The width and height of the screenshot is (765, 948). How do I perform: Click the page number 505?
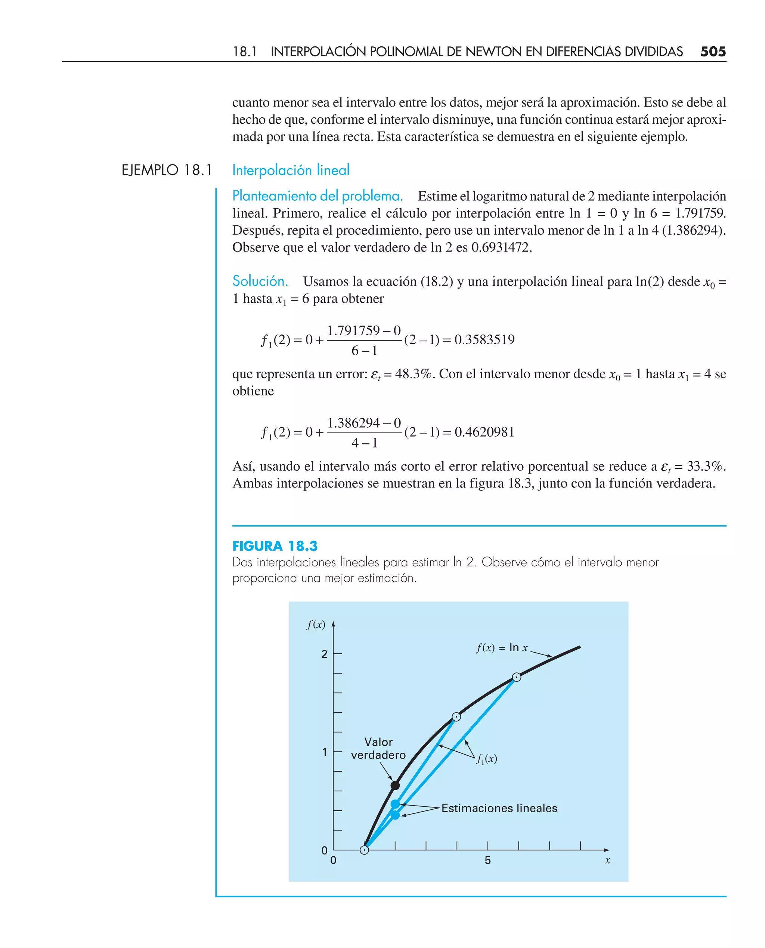(713, 52)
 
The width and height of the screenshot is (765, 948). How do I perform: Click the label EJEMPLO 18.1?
(167, 170)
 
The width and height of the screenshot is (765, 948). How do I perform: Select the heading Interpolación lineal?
(291, 170)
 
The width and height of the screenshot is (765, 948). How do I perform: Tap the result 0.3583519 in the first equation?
(484, 339)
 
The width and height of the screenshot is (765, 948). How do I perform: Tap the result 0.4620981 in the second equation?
(484, 432)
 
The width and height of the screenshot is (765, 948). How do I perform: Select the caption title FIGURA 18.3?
(275, 546)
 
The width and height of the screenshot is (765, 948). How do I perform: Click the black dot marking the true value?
(395, 785)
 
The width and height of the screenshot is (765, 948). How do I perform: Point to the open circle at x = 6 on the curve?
(517, 677)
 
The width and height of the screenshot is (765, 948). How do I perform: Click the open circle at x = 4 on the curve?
(456, 717)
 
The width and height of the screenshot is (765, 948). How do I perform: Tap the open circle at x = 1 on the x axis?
(365, 850)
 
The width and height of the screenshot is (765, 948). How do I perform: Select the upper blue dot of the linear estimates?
(395, 804)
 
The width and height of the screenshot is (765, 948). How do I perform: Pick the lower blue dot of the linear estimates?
(395, 815)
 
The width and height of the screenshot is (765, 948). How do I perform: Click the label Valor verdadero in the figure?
(378, 748)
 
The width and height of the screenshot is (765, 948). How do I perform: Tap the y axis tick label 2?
(324, 654)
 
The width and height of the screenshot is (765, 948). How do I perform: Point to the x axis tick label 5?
(487, 860)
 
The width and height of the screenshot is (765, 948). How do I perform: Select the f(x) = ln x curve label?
(502, 648)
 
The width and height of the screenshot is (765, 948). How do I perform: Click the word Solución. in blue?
(260, 281)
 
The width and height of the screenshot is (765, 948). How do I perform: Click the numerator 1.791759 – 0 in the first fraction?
(363, 330)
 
